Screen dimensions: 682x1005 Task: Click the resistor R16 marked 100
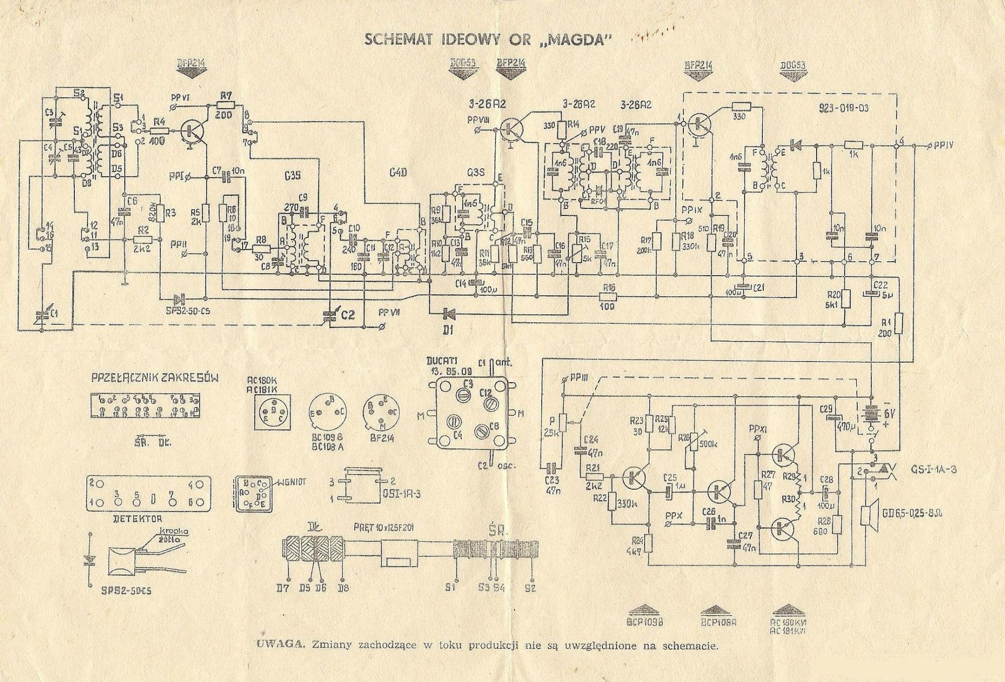click(608, 296)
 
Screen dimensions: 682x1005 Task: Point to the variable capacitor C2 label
click(348, 315)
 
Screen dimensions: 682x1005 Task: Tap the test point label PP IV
click(944, 146)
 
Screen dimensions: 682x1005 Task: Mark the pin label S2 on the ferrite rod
click(530, 587)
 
